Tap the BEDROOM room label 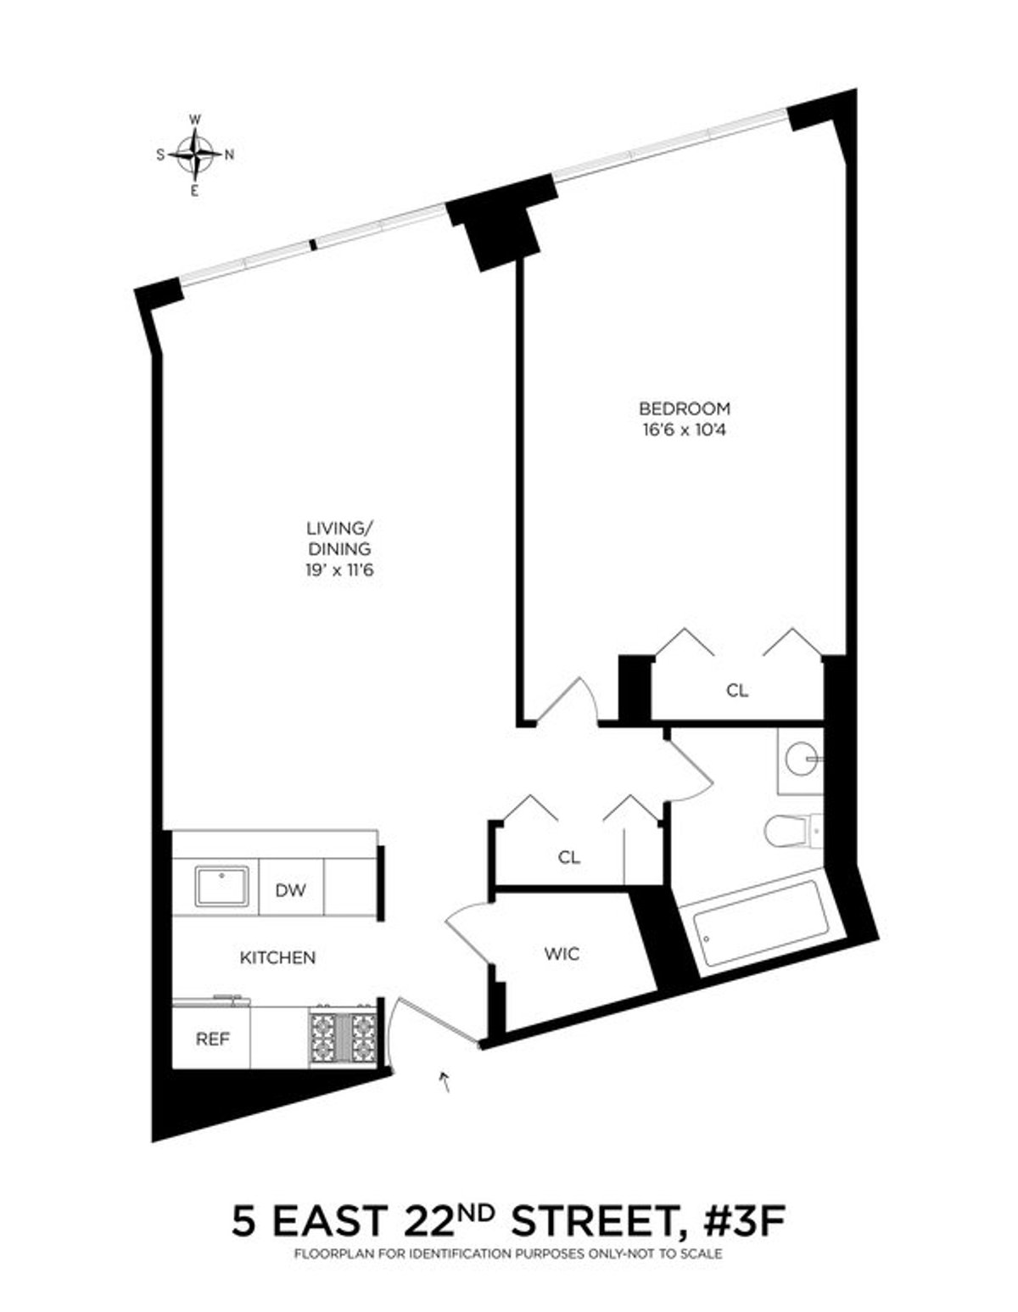pos(685,409)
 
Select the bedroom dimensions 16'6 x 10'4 pos(685,429)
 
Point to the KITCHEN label pos(277,957)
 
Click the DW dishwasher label pos(290,890)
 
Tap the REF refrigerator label pos(213,1039)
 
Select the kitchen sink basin pos(222,887)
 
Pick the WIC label pos(562,954)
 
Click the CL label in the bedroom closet pos(737,691)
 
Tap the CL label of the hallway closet pos(569,857)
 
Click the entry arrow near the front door pos(444,1080)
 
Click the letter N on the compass pos(229,154)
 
